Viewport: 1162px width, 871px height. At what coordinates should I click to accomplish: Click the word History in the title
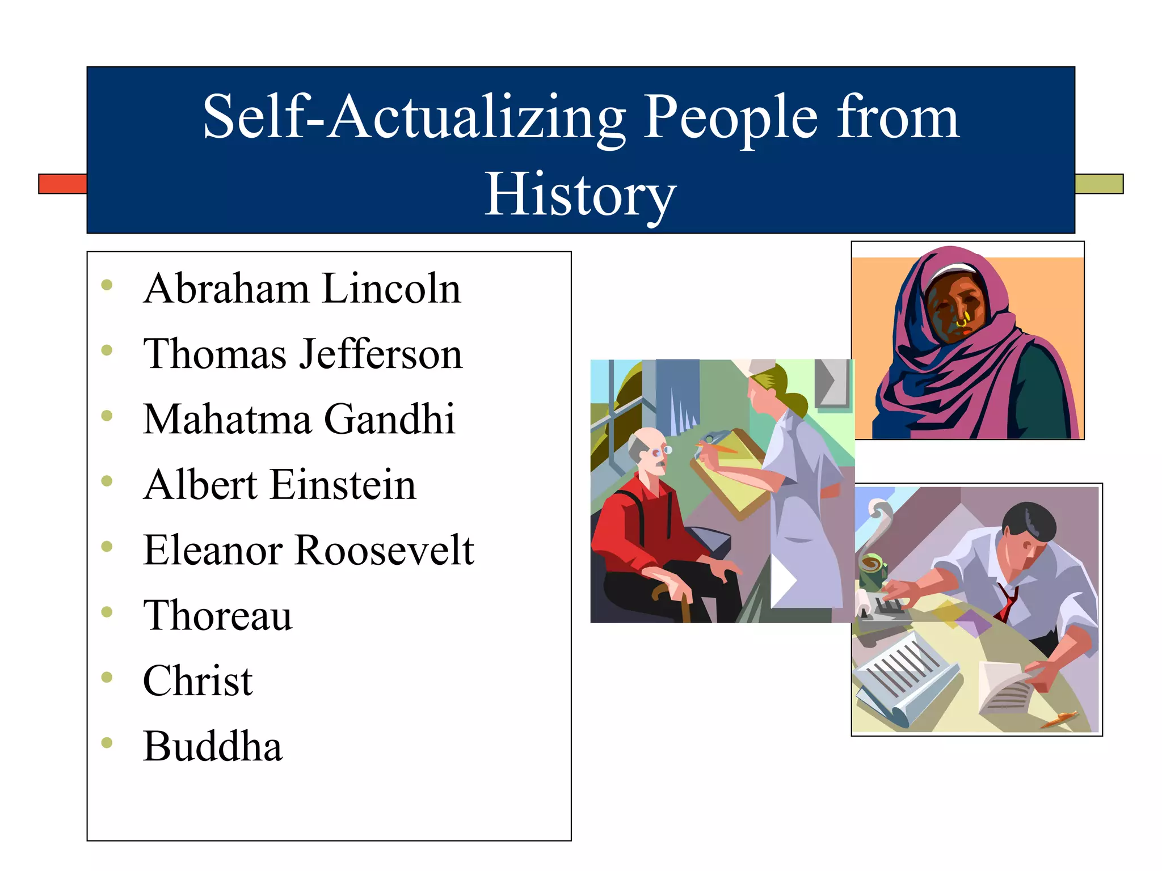[580, 195]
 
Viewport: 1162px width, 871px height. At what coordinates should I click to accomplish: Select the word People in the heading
[731, 117]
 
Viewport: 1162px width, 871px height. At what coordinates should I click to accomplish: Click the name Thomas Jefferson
[302, 354]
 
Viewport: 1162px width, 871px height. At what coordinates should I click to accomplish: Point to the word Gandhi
[389, 419]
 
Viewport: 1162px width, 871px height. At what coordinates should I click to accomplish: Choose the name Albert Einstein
[280, 485]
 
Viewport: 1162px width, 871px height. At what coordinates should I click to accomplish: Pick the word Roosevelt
[385, 550]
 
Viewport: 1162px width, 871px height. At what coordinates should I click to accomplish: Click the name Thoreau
[217, 615]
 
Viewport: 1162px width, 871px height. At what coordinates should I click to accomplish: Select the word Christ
[197, 680]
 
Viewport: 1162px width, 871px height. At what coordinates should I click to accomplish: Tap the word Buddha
[213, 746]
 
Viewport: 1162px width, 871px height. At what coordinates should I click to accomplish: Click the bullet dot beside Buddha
[107, 742]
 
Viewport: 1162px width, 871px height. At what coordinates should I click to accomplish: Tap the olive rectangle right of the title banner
[1099, 184]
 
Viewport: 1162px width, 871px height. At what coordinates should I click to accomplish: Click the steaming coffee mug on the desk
[871, 570]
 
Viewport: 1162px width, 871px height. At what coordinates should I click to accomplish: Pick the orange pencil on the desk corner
[1059, 719]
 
